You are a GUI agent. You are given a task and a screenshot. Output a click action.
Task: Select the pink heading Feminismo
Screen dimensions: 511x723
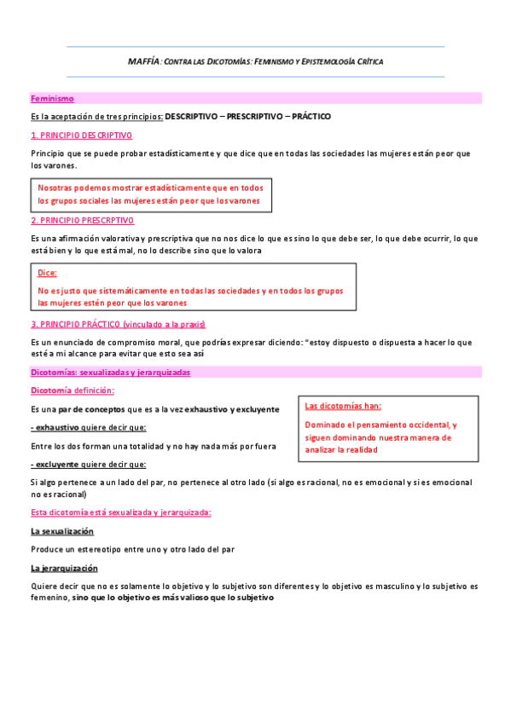52,99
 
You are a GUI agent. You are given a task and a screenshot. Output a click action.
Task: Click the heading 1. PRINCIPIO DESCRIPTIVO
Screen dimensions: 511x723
81,136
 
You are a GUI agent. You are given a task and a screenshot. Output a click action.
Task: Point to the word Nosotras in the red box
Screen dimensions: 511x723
56,188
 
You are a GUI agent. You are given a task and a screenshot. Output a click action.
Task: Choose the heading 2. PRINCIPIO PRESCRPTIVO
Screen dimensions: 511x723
82,220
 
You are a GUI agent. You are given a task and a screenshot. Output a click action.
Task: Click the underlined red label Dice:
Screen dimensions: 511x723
48,273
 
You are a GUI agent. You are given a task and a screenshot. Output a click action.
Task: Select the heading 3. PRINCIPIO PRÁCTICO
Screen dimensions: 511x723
118,324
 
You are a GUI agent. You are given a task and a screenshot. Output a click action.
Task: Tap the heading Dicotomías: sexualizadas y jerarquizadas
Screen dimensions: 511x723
111,373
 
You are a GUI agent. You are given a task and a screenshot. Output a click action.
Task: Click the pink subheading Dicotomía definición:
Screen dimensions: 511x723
73,390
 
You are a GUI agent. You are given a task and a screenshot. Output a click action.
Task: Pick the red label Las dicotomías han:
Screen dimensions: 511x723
343,406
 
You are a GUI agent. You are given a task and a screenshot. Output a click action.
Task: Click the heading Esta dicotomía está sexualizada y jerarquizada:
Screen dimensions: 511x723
120,512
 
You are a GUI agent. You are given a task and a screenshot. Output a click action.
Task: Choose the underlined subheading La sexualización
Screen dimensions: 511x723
62,531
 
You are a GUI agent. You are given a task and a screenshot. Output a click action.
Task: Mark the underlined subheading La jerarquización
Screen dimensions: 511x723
64,568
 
